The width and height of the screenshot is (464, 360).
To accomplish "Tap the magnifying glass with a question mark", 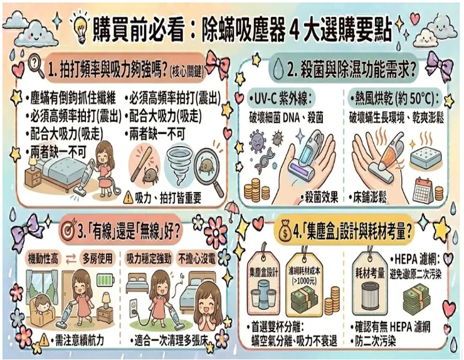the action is pyautogui.click(x=36, y=65).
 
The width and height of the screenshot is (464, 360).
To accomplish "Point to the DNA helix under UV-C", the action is pyautogui.click(x=262, y=161).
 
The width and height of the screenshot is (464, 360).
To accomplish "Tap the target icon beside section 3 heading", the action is pyautogui.click(x=68, y=231).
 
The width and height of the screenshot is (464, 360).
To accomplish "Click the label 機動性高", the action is pyautogui.click(x=43, y=259).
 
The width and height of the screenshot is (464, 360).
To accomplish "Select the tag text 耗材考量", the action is pyautogui.click(x=369, y=273).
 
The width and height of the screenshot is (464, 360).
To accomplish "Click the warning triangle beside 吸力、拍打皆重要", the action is pyautogui.click(x=128, y=197).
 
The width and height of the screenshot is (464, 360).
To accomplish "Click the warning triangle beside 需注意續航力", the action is pyautogui.click(x=44, y=339).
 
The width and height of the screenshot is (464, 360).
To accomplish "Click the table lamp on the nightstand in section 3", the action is pyautogui.click(x=106, y=300).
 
